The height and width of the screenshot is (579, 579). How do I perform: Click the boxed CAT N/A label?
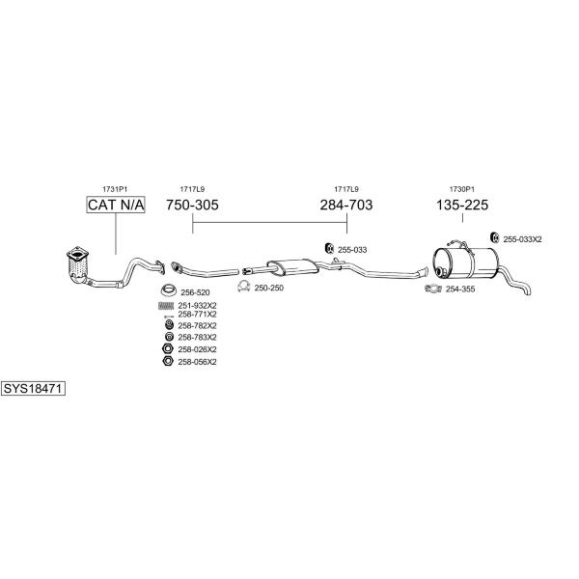tap(116, 205)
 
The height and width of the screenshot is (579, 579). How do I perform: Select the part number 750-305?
tap(192, 205)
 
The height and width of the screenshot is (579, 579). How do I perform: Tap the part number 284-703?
tap(346, 205)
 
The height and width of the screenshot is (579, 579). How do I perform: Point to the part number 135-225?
tap(462, 205)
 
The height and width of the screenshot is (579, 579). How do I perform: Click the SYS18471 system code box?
tap(33, 389)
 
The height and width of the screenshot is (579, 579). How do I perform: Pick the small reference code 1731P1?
tap(115, 189)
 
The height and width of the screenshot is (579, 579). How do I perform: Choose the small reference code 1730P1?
tap(462, 189)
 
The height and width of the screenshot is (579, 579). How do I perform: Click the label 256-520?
tap(195, 292)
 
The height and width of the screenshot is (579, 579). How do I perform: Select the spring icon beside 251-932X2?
tap(166, 306)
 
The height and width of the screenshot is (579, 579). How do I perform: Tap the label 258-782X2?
tap(197, 326)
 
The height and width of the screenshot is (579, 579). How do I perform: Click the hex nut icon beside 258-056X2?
tap(168, 361)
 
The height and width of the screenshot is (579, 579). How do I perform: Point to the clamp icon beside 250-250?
tap(244, 287)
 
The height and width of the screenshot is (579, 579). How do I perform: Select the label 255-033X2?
tap(522, 239)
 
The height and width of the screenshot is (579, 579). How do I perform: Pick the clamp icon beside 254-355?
tap(433, 289)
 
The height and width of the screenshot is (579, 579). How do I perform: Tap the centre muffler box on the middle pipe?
tap(292, 266)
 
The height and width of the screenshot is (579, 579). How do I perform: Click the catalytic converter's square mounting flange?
tap(77, 254)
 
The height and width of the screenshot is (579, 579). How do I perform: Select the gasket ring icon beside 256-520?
tap(169, 290)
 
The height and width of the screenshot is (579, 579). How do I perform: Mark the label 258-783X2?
tap(197, 338)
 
